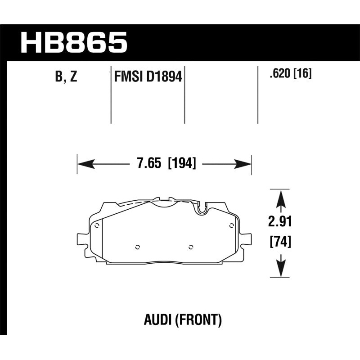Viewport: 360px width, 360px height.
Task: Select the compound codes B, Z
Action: pyautogui.click(x=66, y=77)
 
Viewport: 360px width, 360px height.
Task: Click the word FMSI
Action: pyautogui.click(x=127, y=77)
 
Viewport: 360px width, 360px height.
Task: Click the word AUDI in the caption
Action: pyautogui.click(x=153, y=321)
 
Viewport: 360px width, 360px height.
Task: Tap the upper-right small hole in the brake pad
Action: pyautogui.click(x=231, y=225)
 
